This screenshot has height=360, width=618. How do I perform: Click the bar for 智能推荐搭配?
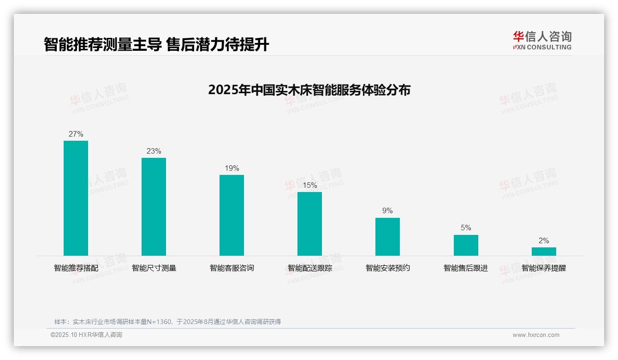pos(76,198)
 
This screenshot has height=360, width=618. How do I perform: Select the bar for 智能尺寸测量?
pos(154,207)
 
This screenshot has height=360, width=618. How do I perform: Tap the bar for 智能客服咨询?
pos(232,215)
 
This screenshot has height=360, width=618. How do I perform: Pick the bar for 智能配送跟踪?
pos(309,224)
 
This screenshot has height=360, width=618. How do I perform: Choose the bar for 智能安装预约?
pos(387,237)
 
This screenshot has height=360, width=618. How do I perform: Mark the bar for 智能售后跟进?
pos(466,245)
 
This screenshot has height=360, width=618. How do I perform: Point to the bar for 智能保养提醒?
pos(544,252)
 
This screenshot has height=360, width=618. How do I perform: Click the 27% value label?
pos(76,134)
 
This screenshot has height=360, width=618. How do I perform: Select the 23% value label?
pos(154,151)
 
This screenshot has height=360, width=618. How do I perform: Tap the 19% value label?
pos(232,168)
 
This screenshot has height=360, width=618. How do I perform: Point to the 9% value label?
pos(387,211)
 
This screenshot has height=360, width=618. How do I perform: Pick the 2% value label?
pos(544,241)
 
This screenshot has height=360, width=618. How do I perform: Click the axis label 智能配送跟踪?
pos(309,268)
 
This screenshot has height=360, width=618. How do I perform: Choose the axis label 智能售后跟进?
pos(466,268)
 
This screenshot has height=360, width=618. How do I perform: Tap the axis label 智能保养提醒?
pos(544,268)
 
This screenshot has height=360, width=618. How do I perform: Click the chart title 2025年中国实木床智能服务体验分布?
pos(309,90)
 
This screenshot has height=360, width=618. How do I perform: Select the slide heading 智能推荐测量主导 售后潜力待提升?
pos(156,45)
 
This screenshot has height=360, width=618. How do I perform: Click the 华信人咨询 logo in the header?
pos(542,40)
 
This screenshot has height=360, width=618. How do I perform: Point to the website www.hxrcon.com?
pos(536,335)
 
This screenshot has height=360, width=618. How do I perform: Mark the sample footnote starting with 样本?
pos(167,322)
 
